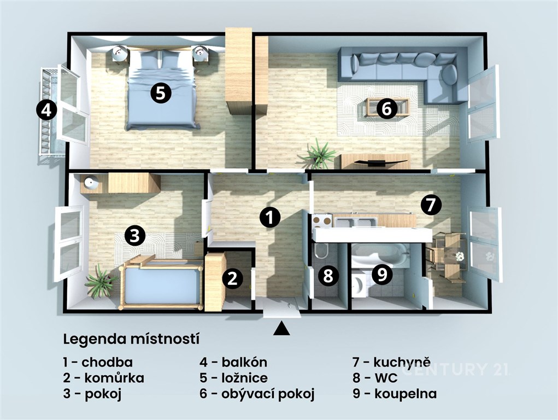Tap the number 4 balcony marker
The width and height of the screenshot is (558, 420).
[46, 110]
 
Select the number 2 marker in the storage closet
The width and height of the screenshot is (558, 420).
[233, 278]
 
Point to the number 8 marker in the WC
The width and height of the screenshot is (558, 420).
[328, 276]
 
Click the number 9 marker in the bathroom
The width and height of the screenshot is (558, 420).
[382, 275]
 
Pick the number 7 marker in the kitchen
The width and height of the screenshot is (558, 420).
[431, 205]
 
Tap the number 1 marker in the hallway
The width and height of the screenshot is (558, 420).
[270, 217]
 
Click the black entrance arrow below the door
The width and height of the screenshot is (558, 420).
[282, 329]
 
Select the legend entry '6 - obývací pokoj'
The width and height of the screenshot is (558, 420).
[257, 394]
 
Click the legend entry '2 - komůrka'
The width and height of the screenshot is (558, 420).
[103, 377]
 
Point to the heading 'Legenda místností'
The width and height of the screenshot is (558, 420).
[131, 339]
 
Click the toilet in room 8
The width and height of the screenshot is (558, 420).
[321, 250]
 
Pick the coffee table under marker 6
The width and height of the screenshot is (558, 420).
[387, 107]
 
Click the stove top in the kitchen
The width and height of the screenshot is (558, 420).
[322, 221]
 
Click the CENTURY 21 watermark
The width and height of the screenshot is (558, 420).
[455, 370]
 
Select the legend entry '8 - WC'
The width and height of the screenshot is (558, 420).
[375, 377]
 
